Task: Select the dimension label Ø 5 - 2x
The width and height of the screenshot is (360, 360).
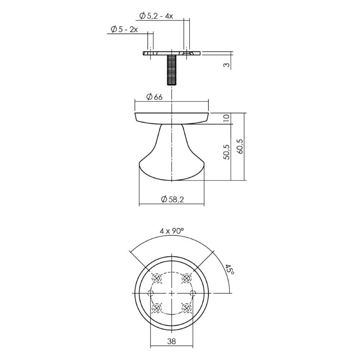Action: point(123,29)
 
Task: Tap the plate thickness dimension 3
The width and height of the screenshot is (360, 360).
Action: point(226,65)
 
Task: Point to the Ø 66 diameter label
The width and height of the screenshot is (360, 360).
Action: point(154,97)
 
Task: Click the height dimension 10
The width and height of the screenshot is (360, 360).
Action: point(226,119)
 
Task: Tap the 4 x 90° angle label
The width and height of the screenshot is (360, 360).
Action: point(172,231)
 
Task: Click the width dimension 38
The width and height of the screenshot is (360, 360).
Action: point(171,342)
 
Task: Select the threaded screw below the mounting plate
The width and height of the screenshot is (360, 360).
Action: point(172,70)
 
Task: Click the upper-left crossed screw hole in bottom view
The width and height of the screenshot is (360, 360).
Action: point(157,278)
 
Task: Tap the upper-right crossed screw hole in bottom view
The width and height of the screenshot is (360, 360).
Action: point(186,278)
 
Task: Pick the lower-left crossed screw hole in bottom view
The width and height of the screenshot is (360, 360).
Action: point(157,308)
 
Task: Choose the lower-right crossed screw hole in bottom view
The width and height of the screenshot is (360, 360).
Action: point(186,308)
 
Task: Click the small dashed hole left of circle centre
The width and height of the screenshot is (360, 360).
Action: point(151,293)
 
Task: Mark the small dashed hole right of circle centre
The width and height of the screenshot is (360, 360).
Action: point(193,293)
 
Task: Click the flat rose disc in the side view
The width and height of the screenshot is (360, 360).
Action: point(172,118)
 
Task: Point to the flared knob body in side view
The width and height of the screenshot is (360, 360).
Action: point(172,158)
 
